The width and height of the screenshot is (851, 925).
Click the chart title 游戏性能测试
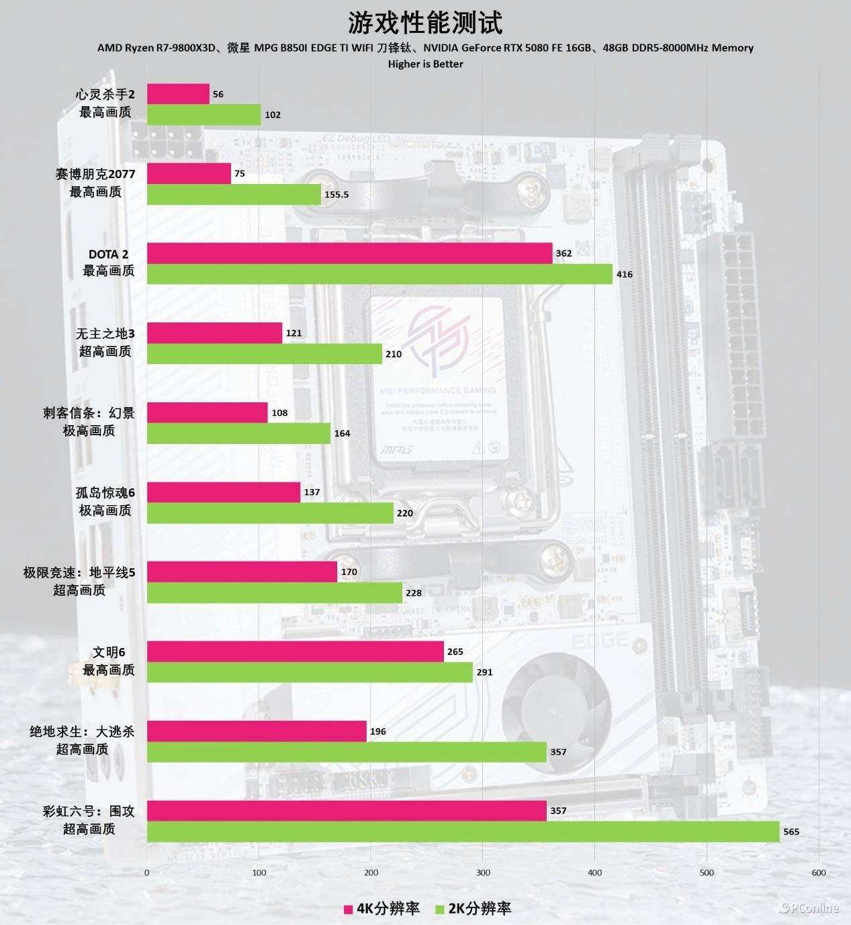click(425, 23)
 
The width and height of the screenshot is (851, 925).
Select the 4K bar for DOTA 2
click(349, 253)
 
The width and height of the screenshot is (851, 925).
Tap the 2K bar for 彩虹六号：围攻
click(463, 831)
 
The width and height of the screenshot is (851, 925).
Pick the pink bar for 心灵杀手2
click(178, 94)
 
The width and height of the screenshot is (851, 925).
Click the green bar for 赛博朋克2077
click(234, 194)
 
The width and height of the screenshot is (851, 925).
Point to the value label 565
click(791, 832)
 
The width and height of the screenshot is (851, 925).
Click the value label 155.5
click(337, 195)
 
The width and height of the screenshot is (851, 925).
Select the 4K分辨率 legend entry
click(382, 908)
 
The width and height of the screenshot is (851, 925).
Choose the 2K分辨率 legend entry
click(473, 908)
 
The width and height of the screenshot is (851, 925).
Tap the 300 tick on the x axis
click(483, 873)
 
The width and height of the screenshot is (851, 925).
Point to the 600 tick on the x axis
click(819, 873)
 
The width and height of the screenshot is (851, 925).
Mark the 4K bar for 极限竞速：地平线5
click(242, 572)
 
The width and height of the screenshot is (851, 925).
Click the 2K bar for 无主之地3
click(265, 353)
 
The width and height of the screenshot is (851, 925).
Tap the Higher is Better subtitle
click(425, 64)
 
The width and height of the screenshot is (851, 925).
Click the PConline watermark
click(809, 908)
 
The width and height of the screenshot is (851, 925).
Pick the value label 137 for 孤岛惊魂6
click(312, 492)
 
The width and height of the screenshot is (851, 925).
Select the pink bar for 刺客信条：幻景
click(207, 412)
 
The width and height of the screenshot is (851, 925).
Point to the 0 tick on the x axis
click(147, 873)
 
